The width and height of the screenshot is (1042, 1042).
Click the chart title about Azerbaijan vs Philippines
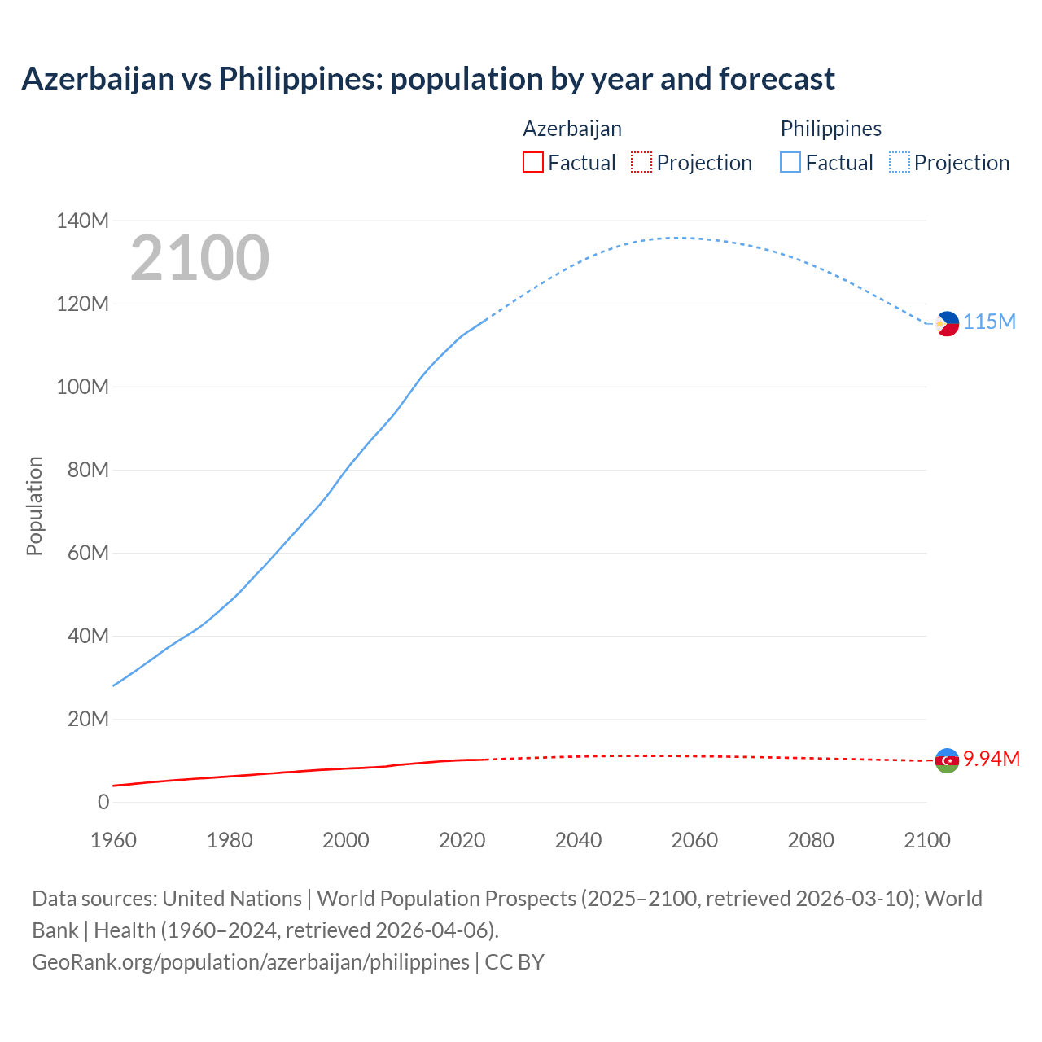(428, 79)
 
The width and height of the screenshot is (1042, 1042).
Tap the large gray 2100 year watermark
(199, 257)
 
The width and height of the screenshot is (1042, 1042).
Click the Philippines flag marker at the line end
(947, 323)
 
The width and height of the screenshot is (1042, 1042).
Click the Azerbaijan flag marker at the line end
(947, 760)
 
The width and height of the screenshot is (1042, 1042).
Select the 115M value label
(989, 322)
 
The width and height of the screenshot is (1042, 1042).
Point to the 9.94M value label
(991, 759)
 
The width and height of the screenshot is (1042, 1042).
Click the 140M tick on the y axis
(82, 221)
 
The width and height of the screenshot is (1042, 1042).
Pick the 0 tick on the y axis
(103, 802)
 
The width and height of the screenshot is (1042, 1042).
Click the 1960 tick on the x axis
(113, 840)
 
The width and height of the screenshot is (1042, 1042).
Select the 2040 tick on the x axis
(578, 840)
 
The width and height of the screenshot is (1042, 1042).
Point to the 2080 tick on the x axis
(810, 840)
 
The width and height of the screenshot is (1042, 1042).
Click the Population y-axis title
(34, 506)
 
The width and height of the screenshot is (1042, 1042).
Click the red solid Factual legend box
(532, 162)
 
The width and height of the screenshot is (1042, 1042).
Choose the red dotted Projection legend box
(641, 162)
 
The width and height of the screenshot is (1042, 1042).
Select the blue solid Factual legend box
(790, 162)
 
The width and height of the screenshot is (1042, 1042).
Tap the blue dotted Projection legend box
(899, 162)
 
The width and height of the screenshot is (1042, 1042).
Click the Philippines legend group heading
(830, 129)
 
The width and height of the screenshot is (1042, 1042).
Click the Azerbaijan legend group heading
(571, 129)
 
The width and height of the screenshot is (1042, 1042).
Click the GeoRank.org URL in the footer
(251, 961)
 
